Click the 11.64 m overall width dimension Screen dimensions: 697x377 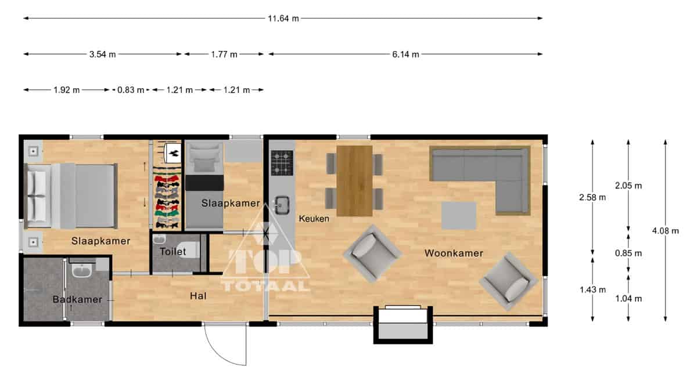pos(283,19)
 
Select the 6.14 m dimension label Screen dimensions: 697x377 pos(405,55)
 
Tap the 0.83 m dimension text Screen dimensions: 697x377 pos(131,90)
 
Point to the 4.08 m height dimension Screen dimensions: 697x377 pos(665,231)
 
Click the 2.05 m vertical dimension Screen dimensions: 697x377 pos(628,186)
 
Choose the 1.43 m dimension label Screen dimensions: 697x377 pos(592,289)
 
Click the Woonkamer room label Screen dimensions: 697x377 pos(454,253)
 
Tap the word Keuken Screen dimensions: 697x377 pos(314,219)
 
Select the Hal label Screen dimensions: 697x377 pos(198,296)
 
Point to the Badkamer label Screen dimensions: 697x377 pos(77,299)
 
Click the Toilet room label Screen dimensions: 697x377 pos(173,252)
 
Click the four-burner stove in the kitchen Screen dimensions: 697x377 pos(282,163)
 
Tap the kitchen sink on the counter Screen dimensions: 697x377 pos(282,205)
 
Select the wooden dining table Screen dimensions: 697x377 pos(354,181)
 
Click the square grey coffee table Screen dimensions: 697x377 pos(459,216)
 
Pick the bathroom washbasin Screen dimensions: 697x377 pos(81,270)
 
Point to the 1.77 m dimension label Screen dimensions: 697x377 pos(224,55)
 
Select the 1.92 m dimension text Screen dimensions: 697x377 pos(67,90)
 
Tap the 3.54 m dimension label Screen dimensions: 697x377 pos(102,55)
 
